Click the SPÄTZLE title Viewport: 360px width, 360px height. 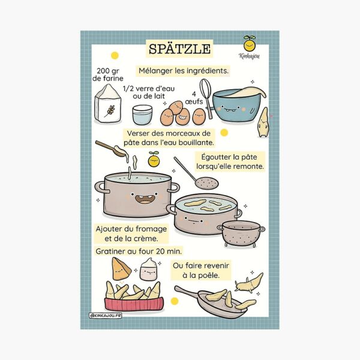179,49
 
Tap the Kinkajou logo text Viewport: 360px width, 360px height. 249,56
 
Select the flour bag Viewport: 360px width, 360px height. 107,104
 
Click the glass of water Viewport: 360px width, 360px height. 142,115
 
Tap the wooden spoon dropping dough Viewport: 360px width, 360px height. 109,148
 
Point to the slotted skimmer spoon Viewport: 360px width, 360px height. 196,173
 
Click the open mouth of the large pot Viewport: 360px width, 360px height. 144,199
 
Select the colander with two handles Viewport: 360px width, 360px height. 241,233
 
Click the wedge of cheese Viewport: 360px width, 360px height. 121,269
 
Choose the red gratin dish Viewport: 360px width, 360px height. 134,304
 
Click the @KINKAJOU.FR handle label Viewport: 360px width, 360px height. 106,316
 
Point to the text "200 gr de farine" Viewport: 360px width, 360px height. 108,74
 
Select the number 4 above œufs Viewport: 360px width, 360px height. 194,94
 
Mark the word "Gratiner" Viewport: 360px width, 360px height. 110,251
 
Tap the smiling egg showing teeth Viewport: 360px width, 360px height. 183,117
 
